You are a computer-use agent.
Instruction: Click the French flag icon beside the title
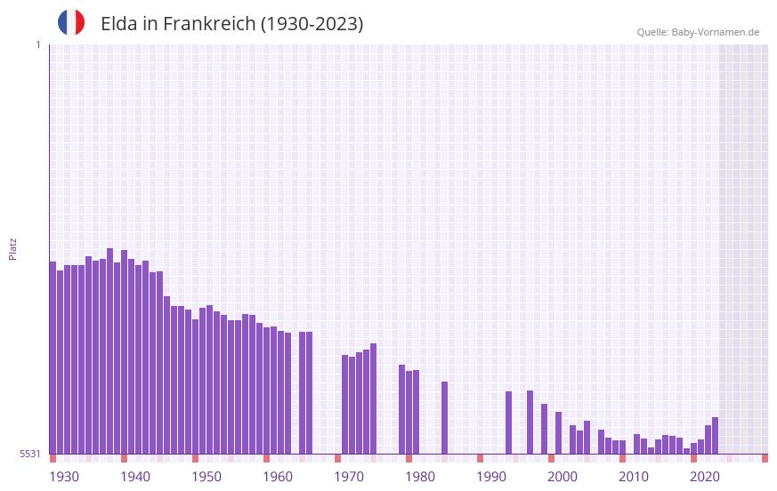tap(71, 22)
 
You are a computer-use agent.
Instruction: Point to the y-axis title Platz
tap(12, 248)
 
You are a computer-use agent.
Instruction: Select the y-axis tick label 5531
tap(30, 454)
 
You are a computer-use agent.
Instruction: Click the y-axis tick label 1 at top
tap(37, 44)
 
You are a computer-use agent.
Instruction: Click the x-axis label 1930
tap(64, 477)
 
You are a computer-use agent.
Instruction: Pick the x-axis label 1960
tap(278, 477)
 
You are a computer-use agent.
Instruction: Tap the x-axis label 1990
tap(491, 477)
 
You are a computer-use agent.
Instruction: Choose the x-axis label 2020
tap(705, 477)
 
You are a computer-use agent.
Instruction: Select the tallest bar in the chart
tap(109, 350)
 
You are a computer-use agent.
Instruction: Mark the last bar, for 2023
tap(715, 435)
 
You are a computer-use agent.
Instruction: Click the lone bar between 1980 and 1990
tap(444, 417)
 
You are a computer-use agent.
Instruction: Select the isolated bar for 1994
tap(508, 423)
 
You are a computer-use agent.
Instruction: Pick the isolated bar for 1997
tap(530, 422)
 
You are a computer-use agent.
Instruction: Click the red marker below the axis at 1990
tap(480, 458)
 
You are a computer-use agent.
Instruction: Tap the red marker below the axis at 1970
tap(337, 458)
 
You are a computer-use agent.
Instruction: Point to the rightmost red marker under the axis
tap(765, 458)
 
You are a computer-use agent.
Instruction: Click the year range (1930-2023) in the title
tap(312, 24)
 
